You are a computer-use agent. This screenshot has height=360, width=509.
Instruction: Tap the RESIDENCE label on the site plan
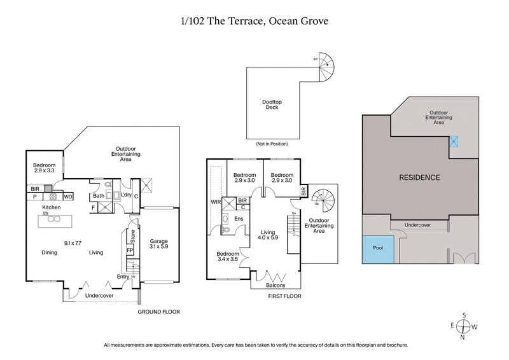tap(419, 177)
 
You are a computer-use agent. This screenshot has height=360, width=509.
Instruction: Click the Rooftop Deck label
tap(272, 104)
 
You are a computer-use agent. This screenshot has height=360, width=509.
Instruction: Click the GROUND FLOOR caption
tap(160, 312)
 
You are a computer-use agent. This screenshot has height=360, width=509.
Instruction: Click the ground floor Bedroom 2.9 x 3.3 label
tap(44, 169)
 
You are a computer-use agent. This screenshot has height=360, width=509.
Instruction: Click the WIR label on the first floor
tap(216, 203)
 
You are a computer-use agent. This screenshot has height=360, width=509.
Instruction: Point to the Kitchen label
tap(51, 208)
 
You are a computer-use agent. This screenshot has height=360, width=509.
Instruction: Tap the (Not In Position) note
tap(272, 144)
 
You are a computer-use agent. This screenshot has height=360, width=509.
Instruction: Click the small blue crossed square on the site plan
tap(454, 142)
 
